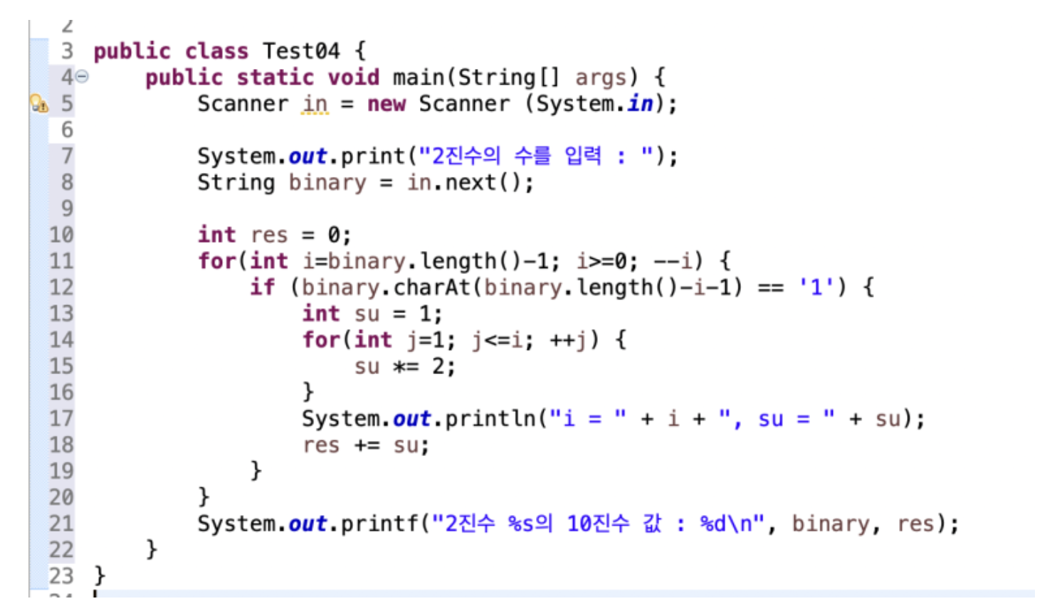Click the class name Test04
[x=300, y=51]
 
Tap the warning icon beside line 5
[x=39, y=104]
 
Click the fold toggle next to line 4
[x=82, y=77]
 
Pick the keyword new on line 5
[x=386, y=104]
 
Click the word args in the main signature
[x=600, y=78]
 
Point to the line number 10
[x=61, y=235]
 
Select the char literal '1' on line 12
[x=816, y=287]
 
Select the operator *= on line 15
[x=406, y=366]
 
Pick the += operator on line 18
[x=367, y=446]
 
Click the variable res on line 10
[x=269, y=235]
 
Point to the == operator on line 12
[x=770, y=287]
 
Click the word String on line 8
[x=236, y=183]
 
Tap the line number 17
[x=61, y=419]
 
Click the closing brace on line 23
[x=100, y=575]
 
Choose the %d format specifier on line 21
[x=713, y=524]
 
